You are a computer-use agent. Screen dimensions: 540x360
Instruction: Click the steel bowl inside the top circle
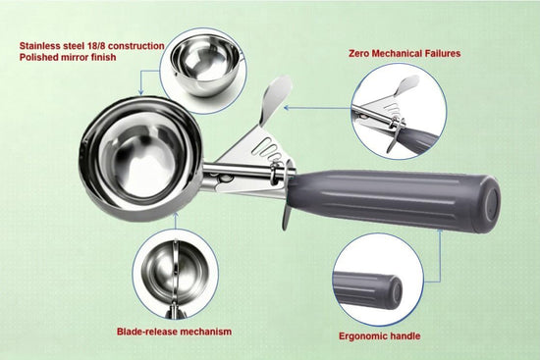click(x=206, y=66)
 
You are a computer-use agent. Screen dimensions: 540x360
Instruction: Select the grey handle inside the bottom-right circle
click(x=368, y=290)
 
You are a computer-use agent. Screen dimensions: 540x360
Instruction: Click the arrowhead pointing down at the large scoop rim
click(x=140, y=92)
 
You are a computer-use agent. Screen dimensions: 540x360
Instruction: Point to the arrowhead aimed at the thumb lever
click(x=287, y=108)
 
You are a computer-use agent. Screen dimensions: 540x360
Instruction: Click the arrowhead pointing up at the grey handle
click(x=440, y=231)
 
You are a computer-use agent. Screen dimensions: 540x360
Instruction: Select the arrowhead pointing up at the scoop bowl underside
click(x=176, y=216)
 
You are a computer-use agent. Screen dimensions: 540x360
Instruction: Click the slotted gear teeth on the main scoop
click(x=269, y=150)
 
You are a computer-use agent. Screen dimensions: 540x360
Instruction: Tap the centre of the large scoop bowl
click(x=140, y=159)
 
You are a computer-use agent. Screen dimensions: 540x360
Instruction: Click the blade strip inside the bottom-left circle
click(x=176, y=272)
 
